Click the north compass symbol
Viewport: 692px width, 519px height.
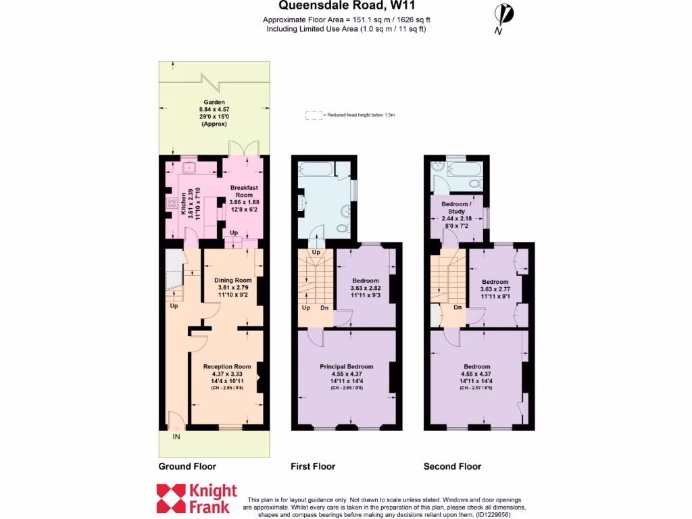click(501, 15)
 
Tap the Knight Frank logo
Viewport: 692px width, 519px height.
click(197, 498)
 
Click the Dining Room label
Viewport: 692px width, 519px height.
click(233, 280)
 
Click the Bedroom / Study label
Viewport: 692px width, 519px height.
click(457, 207)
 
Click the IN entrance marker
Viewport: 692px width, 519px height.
click(176, 437)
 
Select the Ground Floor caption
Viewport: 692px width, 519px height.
click(187, 466)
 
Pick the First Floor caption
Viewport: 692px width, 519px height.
click(313, 466)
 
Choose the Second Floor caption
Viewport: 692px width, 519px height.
click(452, 466)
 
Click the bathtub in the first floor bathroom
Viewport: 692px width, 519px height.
click(315, 168)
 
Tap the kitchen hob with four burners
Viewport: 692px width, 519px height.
click(166, 205)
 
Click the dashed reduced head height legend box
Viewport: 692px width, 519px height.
click(313, 116)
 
